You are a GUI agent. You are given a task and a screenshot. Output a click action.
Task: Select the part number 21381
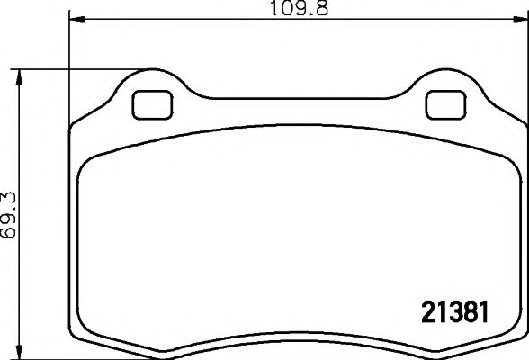[453, 314]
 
